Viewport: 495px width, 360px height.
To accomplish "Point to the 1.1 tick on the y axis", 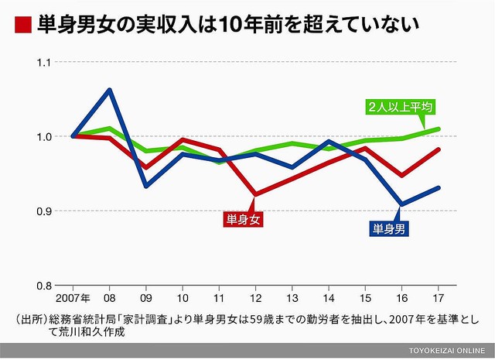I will tap(39, 62).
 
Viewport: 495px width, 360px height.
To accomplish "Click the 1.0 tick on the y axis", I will tap(39, 136).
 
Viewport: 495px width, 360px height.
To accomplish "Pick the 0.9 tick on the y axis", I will tap(39, 211).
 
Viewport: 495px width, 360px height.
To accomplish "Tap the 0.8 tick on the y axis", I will tap(39, 286).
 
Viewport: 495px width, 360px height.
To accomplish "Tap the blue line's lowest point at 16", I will tap(401, 204).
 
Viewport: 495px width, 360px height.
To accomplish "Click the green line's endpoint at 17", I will tap(438, 129).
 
